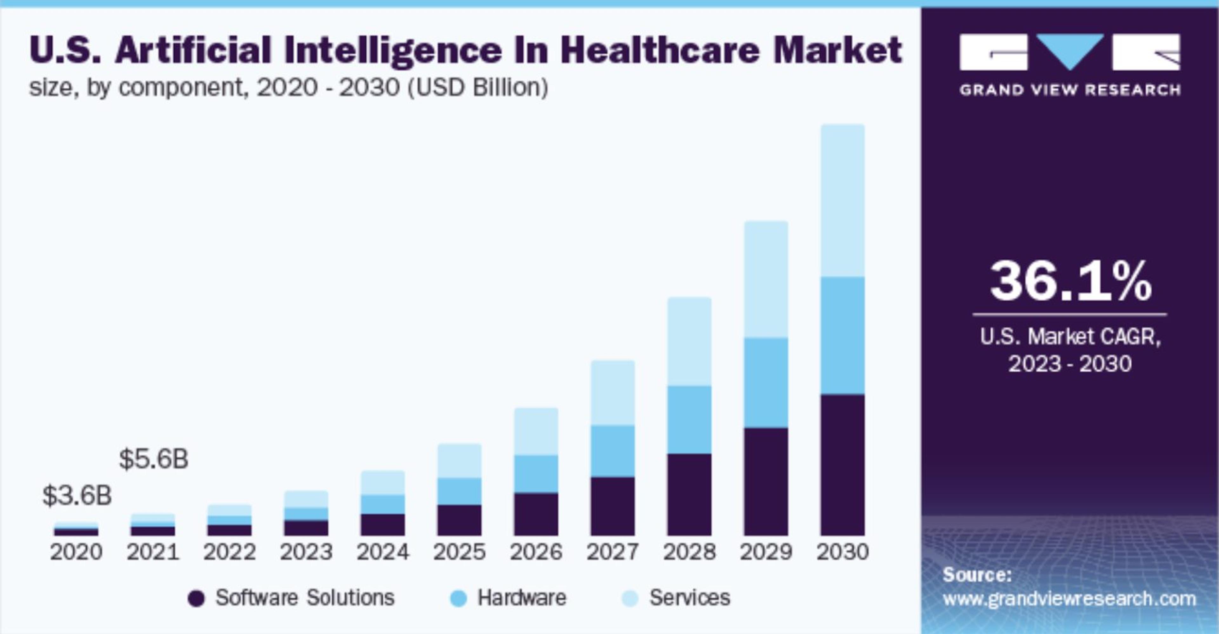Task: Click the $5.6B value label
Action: coord(154,459)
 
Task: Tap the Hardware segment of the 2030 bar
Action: coord(842,336)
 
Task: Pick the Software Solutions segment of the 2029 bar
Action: coord(766,482)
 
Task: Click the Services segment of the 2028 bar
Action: coord(689,342)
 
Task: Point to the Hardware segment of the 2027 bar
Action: coord(612,451)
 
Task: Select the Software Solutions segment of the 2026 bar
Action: coord(536,514)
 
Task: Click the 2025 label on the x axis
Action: coord(459,552)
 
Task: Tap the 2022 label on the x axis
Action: coord(230,552)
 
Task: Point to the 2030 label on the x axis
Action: coord(842,552)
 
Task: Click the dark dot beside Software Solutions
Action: coord(196,598)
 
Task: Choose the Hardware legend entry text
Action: coord(522,597)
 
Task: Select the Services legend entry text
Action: coord(690,597)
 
